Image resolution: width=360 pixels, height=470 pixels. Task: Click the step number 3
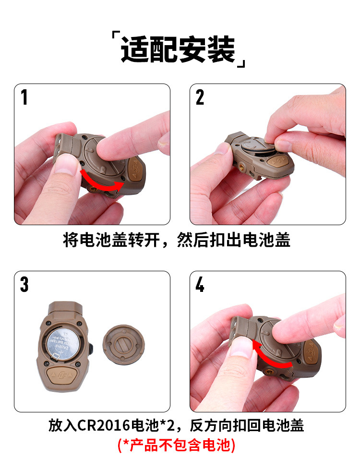tap(24, 284)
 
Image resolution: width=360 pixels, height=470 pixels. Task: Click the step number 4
tap(200, 285)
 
